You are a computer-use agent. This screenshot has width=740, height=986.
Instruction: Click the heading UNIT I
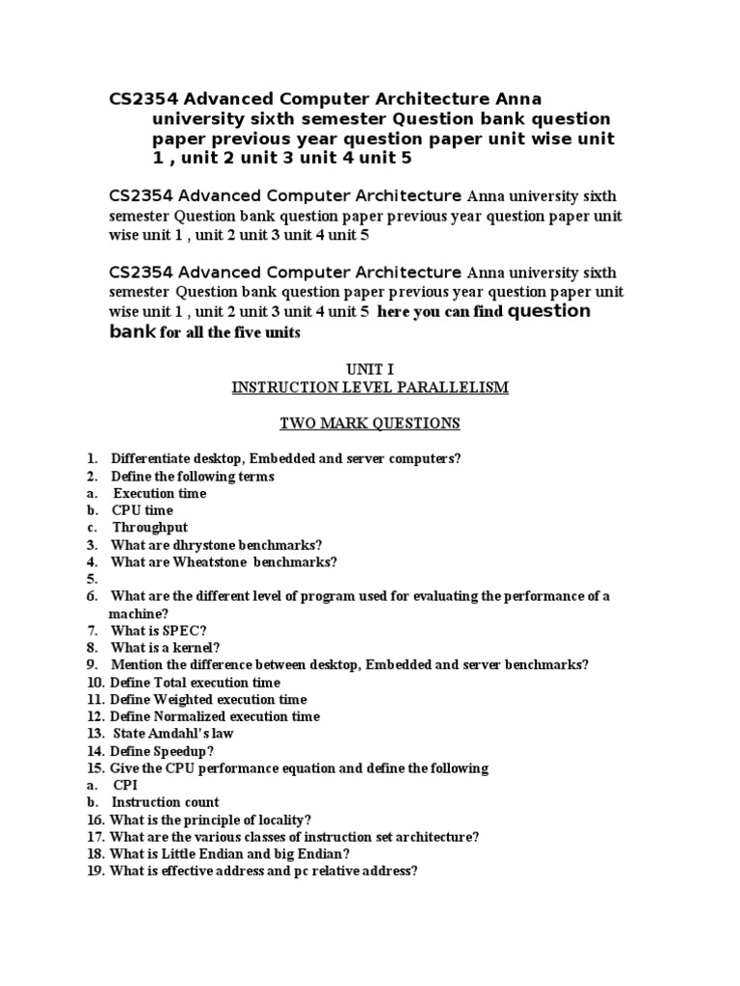370,369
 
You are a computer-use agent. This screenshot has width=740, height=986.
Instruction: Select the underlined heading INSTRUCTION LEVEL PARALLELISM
370,387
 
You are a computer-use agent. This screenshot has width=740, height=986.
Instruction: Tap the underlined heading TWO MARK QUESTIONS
370,423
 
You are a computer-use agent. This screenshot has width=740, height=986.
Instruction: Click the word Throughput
149,528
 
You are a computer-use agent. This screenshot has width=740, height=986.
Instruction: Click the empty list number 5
92,580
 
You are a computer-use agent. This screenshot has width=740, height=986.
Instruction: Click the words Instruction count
165,802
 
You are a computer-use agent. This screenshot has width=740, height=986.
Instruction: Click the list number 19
93,871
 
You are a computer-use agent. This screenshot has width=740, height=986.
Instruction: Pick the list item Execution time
159,493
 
